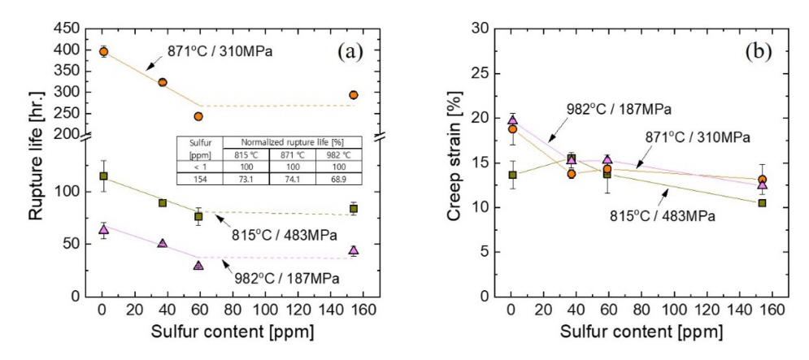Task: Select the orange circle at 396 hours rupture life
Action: [103, 51]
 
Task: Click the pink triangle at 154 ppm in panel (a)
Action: [354, 251]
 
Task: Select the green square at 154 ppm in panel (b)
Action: [762, 202]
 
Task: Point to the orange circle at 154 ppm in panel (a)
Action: [354, 95]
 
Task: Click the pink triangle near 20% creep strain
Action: [511, 120]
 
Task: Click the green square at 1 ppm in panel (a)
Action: [103, 176]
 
